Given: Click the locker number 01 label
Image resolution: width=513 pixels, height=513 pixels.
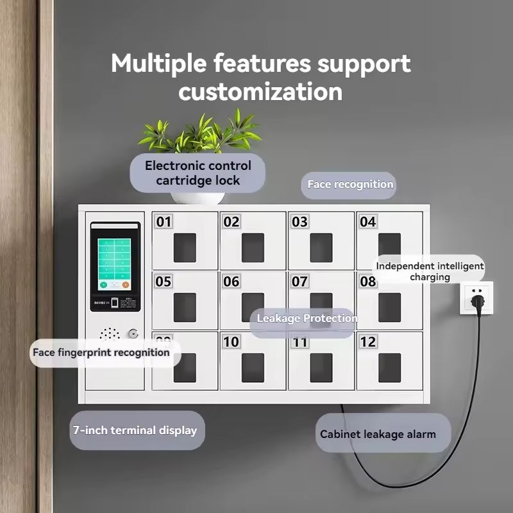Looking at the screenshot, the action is point(164,222).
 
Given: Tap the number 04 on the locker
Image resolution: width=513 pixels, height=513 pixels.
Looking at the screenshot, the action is point(367,222).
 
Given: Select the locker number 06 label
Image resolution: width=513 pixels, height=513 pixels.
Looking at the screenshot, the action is point(231,282).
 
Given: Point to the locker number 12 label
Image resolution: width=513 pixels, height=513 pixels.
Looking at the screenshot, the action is point(367,342).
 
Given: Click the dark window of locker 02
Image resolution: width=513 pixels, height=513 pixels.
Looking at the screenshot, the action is point(253,248).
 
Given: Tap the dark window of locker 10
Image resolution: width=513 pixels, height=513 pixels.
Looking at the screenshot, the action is point(253,367).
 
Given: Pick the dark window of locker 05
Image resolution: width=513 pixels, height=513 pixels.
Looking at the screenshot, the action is point(185,307).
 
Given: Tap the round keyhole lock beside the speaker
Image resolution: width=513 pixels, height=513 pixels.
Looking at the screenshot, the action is point(133,333).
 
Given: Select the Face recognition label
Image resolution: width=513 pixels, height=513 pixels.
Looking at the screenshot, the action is point(349,185).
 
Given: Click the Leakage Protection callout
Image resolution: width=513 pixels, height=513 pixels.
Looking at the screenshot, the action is point(307,319).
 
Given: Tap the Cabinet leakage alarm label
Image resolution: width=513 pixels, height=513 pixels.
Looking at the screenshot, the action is point(378,434).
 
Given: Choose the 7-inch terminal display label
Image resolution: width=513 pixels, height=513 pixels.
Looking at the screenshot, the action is point(135,430).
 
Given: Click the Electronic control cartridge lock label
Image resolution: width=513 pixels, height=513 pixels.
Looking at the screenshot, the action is point(198,173).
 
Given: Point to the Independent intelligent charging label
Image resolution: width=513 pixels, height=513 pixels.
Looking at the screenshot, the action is point(430,271).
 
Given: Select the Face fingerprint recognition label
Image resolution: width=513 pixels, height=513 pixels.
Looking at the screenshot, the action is point(101,352).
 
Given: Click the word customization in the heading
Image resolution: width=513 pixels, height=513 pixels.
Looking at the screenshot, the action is point(260,91).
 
